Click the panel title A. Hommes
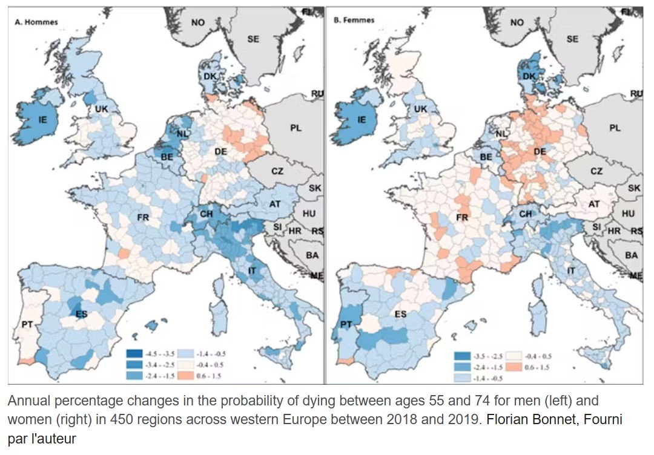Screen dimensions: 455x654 tap(36, 22)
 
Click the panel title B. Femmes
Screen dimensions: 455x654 tap(354, 20)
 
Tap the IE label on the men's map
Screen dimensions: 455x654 tap(43, 119)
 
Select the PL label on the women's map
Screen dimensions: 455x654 tap(615, 128)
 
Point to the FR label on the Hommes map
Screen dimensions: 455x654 tap(144, 216)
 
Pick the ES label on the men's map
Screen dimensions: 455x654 tap(81, 314)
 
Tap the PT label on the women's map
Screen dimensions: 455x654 tap(345, 325)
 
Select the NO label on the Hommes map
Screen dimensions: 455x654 tap(198, 22)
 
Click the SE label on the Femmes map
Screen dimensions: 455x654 tap(572, 39)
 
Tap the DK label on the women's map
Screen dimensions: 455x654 tap(529, 77)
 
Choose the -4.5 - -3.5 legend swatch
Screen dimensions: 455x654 tap(134, 353)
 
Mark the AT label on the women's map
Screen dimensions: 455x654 tap(594, 205)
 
